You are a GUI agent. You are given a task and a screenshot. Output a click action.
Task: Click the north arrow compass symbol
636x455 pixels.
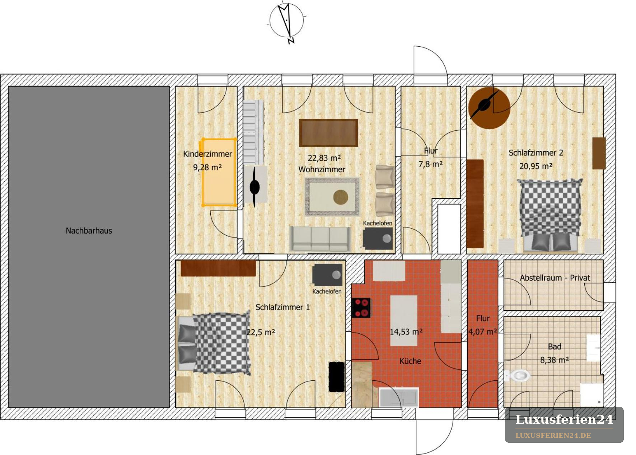pos(286,22)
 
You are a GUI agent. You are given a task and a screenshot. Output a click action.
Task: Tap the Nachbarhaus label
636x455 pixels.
pos(89,231)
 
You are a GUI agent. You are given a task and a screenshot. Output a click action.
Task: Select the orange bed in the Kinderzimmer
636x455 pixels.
pos(219,172)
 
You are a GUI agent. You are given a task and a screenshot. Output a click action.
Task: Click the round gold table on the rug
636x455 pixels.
pos(340,197)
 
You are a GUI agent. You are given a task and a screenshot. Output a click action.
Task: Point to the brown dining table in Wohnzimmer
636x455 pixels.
pos(328,133)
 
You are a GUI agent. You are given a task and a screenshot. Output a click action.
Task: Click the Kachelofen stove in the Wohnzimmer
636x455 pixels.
pos(377,238)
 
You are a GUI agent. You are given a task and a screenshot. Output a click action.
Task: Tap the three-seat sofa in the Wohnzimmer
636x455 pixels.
pos(320,239)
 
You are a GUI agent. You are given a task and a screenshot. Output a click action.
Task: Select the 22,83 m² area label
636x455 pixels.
pos(324,158)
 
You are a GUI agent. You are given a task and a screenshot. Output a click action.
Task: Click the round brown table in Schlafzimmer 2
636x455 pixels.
pos(489,108)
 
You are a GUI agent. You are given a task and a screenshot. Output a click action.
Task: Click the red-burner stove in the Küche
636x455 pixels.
pos(361,308)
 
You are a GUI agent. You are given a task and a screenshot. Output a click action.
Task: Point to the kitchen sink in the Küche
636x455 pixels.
pos(398,398)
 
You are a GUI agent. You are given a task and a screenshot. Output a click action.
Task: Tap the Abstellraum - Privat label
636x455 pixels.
pos(555,278)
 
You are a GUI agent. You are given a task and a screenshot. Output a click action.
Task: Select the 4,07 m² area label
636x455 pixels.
pos(482,332)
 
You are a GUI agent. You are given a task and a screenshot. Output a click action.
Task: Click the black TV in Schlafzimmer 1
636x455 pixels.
pos(337,377)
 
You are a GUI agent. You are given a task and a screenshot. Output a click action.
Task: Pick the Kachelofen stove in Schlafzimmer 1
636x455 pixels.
pos(327,275)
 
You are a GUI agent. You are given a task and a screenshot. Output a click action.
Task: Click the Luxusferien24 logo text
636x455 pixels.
pos(564,419)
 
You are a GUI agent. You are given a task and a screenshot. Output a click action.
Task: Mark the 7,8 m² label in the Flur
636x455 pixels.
pos(430,164)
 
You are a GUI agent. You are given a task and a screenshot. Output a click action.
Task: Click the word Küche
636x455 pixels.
pos(410,361)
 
